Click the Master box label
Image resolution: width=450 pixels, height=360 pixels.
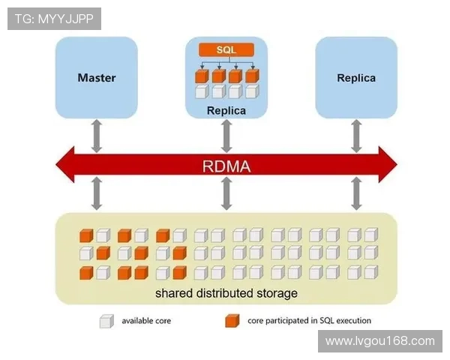(x=97, y=77)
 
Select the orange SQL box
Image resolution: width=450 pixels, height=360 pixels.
(x=226, y=49)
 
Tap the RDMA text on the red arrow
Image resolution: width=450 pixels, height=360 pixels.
(x=226, y=164)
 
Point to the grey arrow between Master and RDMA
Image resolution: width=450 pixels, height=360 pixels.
(x=97, y=135)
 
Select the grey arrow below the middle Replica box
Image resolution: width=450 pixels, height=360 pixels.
(x=226, y=135)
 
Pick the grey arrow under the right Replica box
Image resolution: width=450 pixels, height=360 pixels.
(x=356, y=135)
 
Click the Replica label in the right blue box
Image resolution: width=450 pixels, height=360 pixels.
(x=356, y=77)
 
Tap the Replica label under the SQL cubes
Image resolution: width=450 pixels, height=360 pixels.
(x=226, y=110)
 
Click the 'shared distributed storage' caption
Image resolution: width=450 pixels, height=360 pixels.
(x=226, y=292)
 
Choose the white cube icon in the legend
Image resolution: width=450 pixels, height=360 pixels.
(x=106, y=322)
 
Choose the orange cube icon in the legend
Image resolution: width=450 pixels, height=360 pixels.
(x=232, y=322)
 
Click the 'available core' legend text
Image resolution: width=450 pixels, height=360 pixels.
(x=146, y=322)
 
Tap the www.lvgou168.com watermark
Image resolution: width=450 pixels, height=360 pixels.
(x=380, y=341)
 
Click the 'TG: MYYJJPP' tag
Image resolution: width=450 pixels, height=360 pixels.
(x=54, y=19)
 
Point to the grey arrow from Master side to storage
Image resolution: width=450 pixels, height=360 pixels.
(x=97, y=193)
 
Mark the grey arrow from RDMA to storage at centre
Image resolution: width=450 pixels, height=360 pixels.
(x=226, y=193)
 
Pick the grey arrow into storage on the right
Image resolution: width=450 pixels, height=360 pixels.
(x=356, y=193)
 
